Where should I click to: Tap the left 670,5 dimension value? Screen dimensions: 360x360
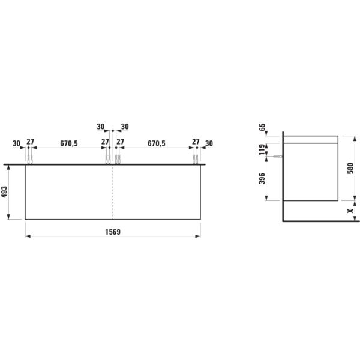[69, 143]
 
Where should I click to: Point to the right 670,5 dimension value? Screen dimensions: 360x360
[157, 143]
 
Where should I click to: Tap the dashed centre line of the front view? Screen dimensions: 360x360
[113, 192]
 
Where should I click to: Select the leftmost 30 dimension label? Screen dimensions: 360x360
[17, 143]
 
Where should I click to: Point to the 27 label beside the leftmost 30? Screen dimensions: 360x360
[30, 143]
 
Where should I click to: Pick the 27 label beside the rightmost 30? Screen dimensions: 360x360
[196, 142]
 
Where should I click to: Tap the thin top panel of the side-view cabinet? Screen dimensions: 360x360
[311, 139]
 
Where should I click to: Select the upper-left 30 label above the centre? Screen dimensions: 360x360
[101, 127]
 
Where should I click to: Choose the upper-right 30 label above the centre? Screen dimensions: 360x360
[125, 127]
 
